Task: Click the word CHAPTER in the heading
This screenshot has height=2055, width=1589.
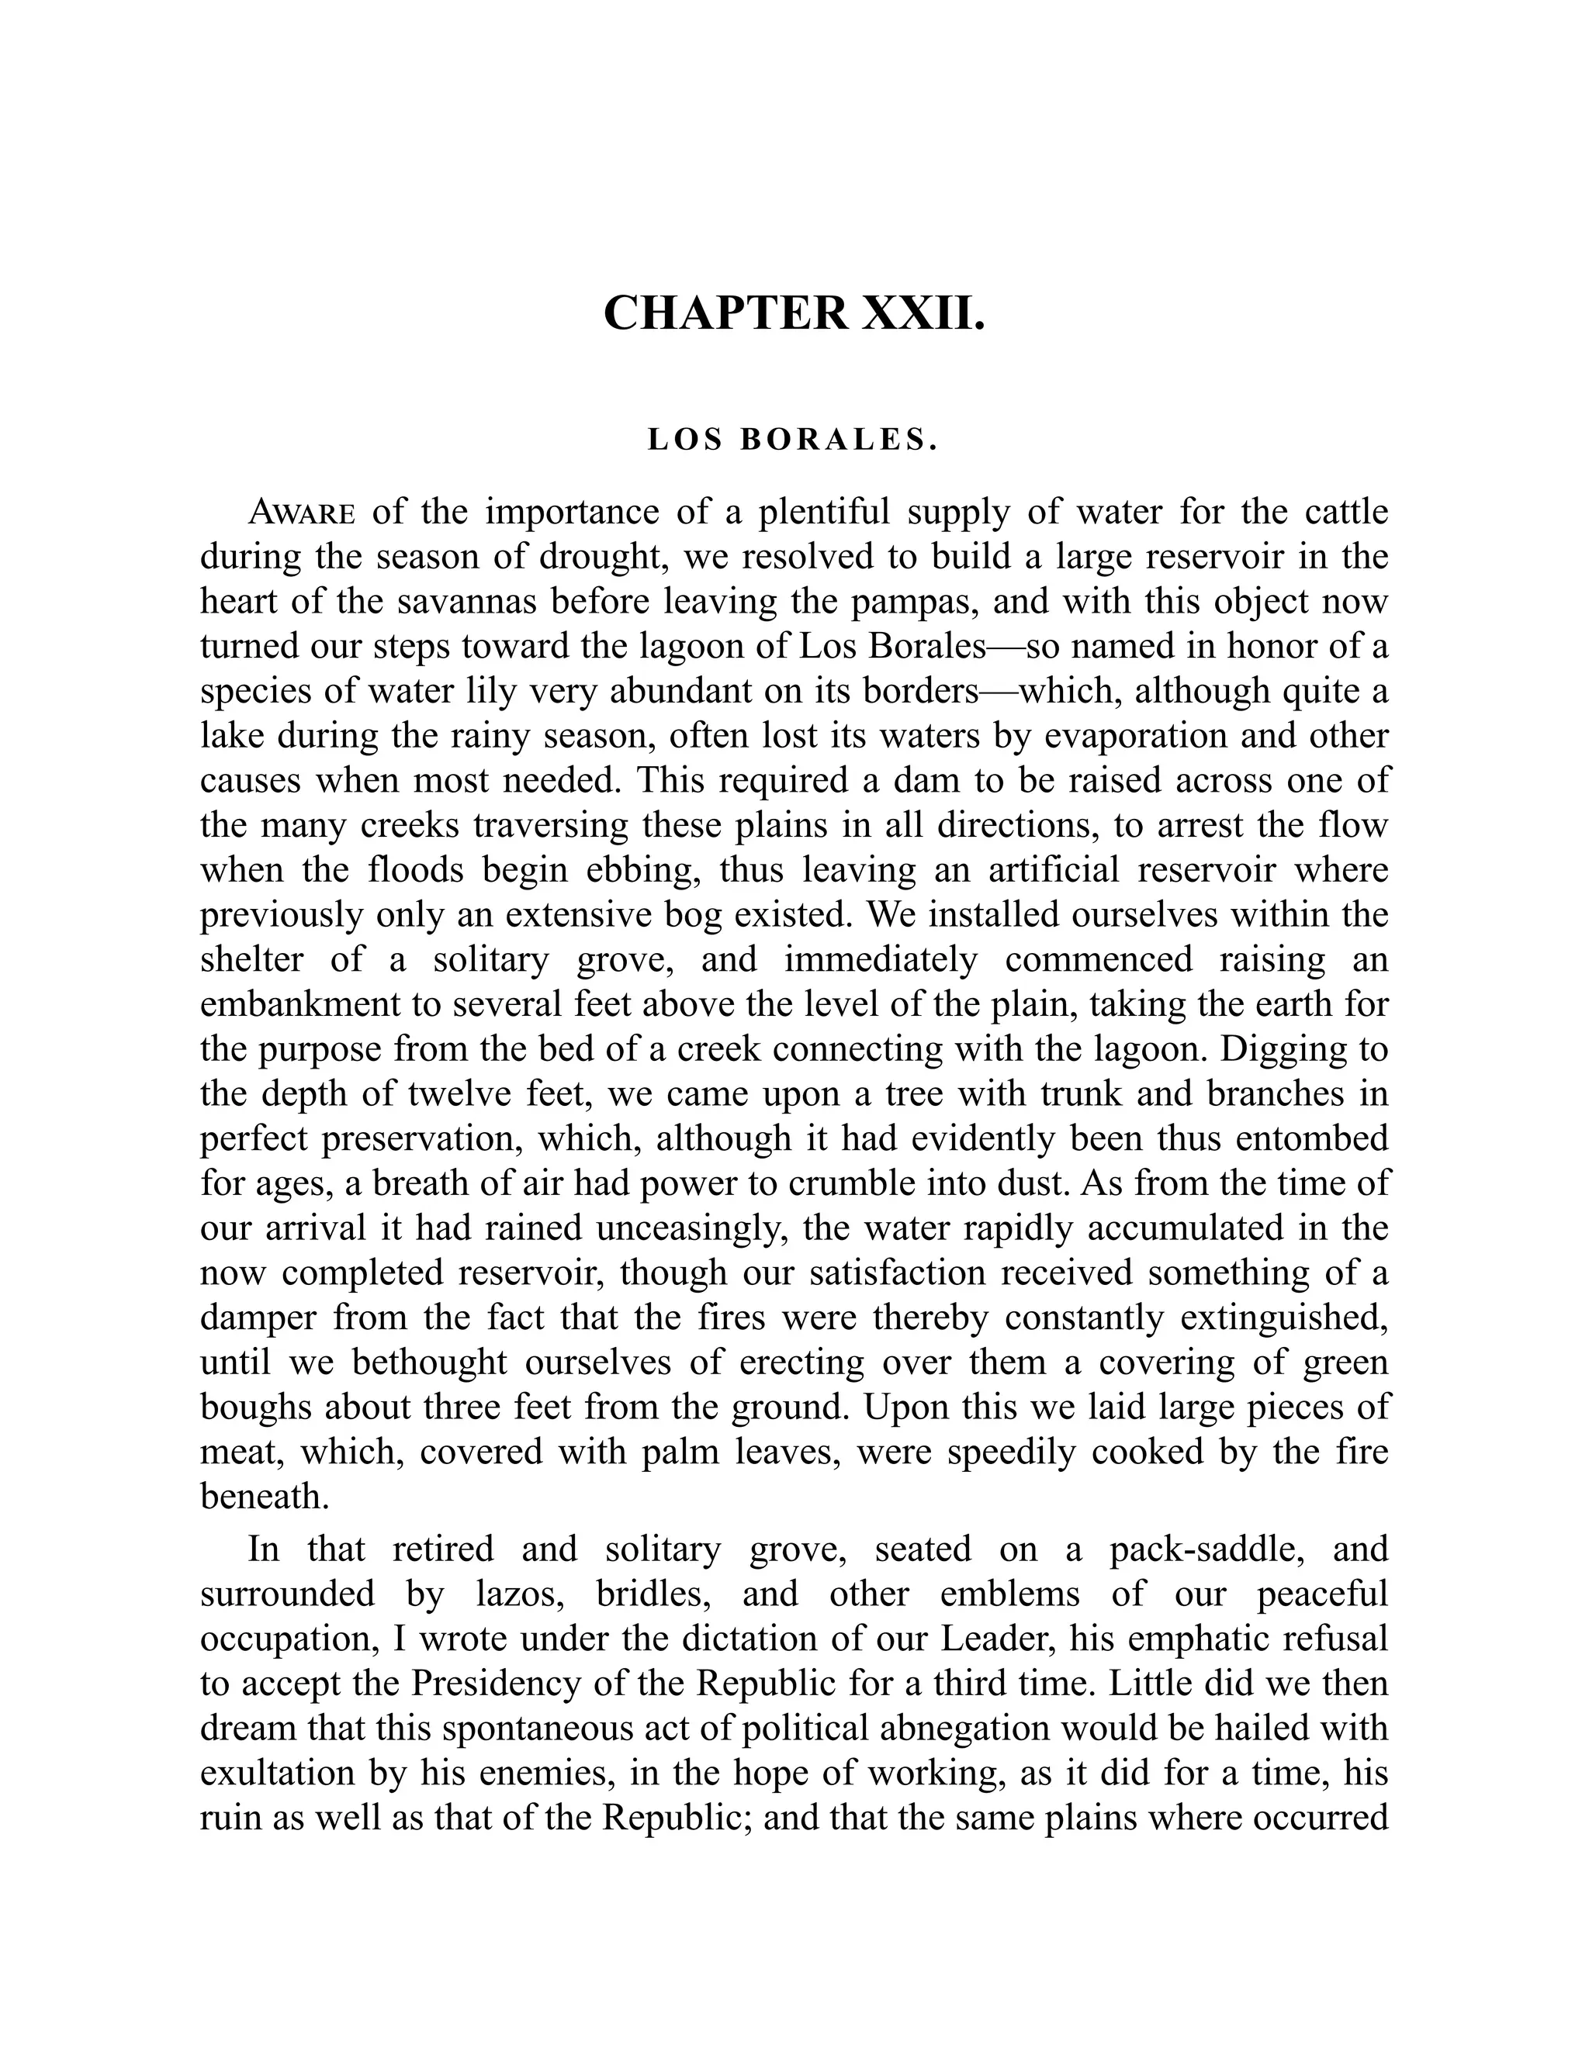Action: click(725, 313)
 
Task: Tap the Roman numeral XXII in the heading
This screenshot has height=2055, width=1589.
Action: click(923, 313)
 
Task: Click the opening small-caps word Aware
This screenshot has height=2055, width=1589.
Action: click(301, 513)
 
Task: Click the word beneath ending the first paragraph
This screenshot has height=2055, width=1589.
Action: click(265, 1496)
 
